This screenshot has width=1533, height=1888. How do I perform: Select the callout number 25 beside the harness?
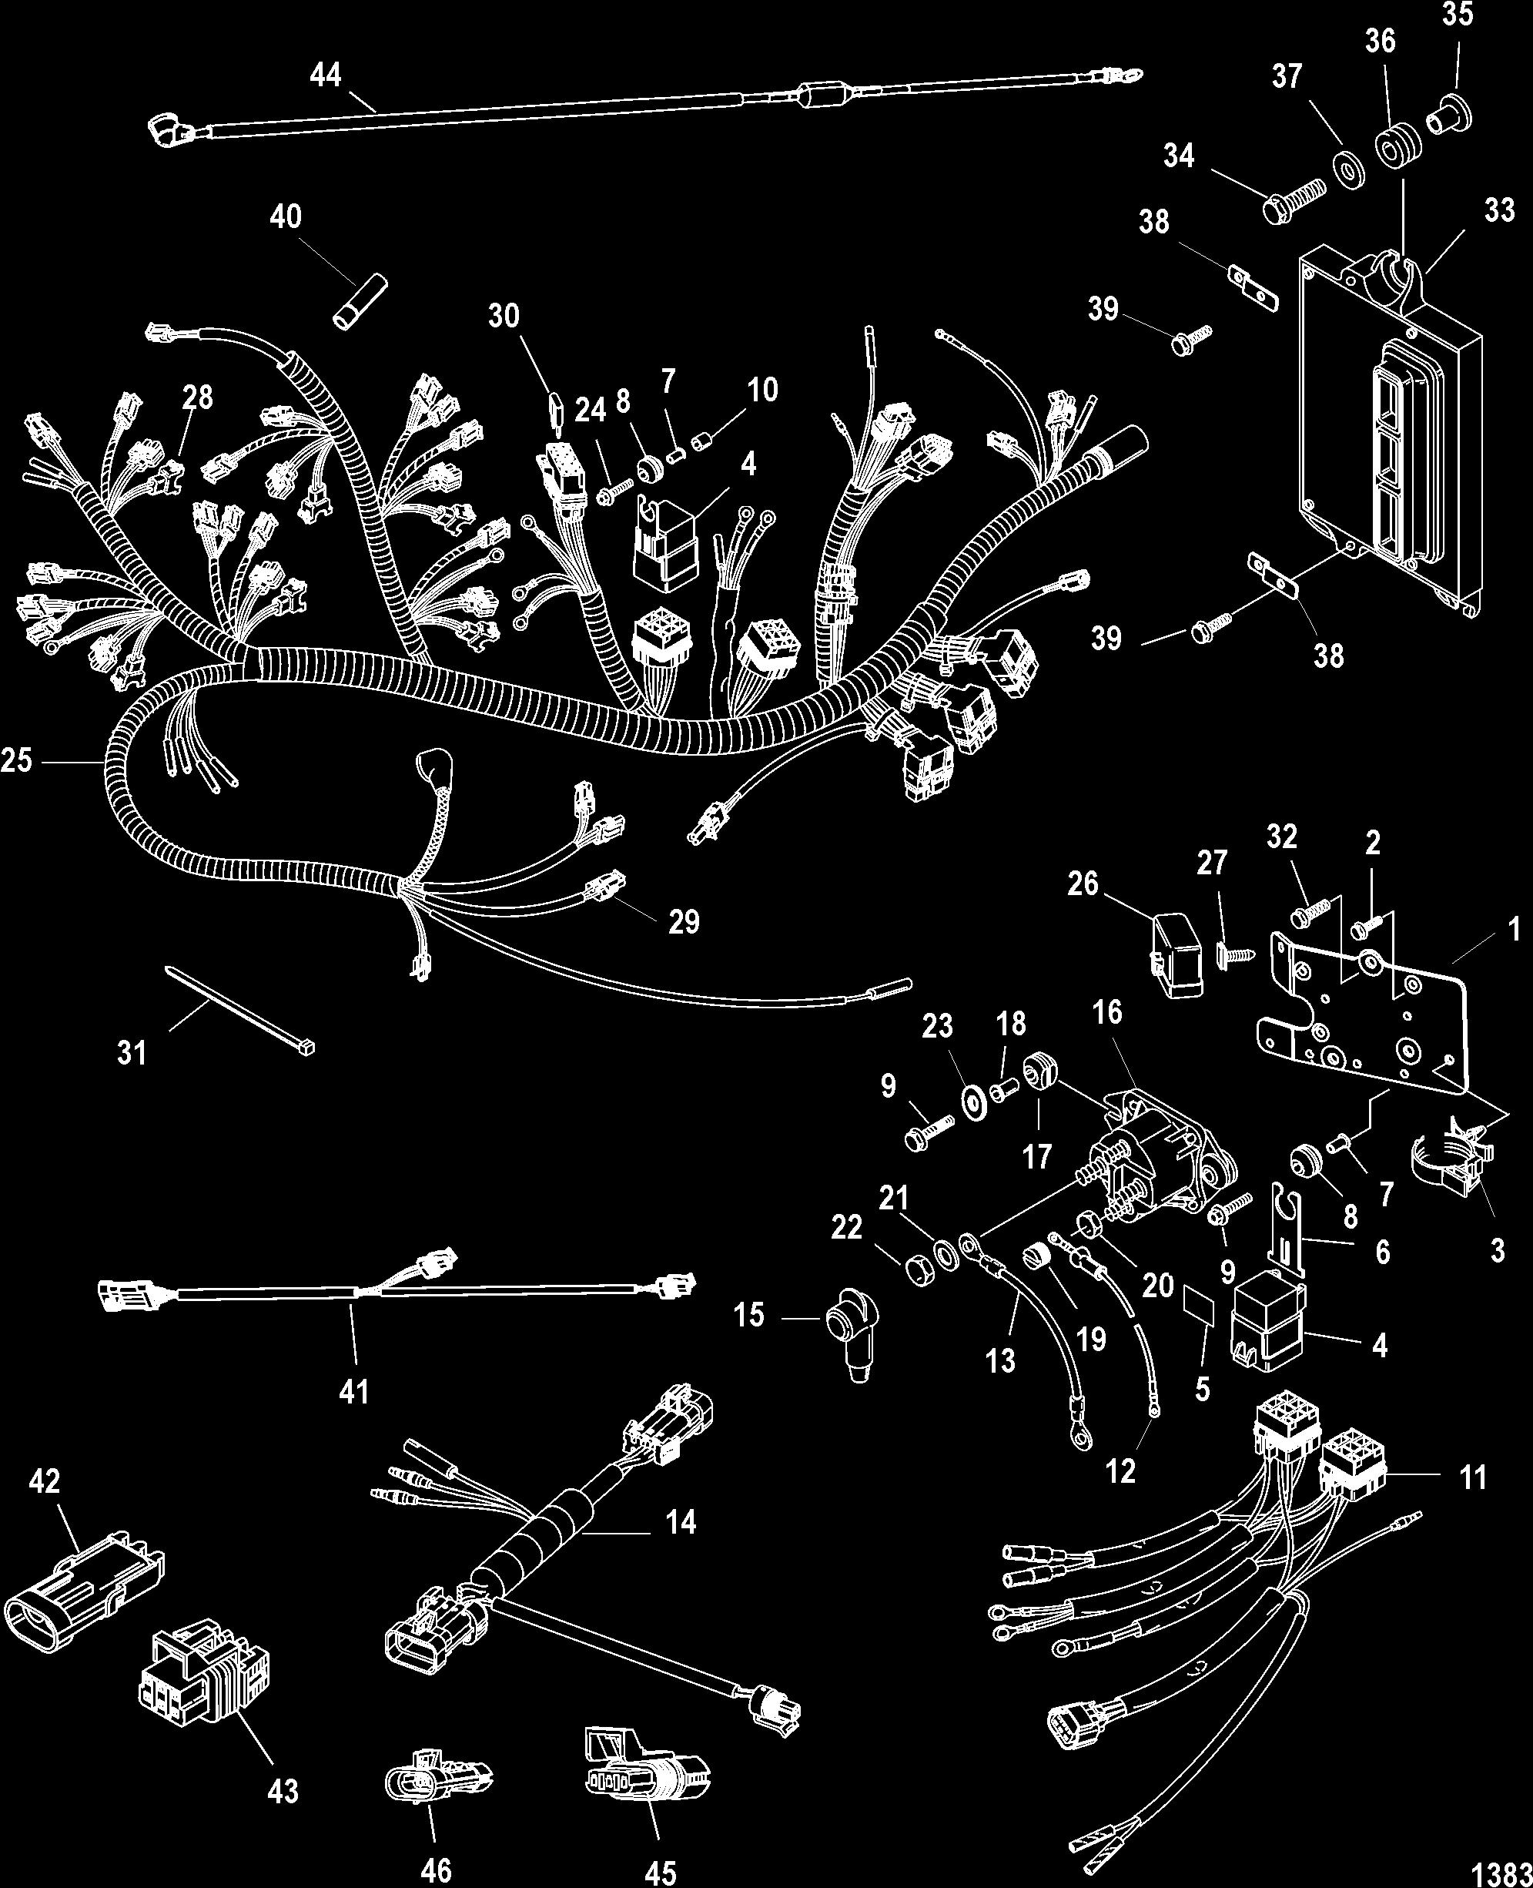(x=17, y=760)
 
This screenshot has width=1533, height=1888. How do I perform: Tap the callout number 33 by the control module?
(x=1499, y=211)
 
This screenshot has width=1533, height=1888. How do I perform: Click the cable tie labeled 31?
(x=239, y=1011)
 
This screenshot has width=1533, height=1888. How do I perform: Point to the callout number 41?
(x=354, y=1393)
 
